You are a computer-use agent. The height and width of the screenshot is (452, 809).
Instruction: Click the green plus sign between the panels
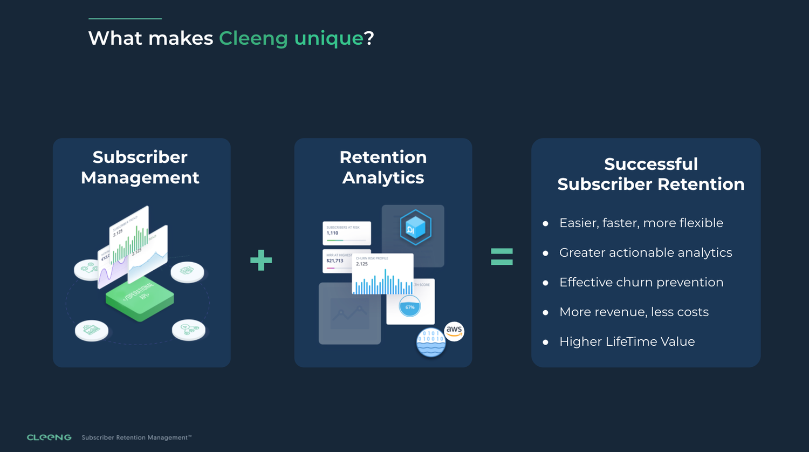[x=261, y=260]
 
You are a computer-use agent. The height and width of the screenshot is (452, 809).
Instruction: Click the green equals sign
[x=502, y=257]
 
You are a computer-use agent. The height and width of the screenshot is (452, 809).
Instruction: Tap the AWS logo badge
[x=454, y=331]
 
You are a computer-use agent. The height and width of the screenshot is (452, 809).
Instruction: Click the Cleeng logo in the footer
[x=49, y=437]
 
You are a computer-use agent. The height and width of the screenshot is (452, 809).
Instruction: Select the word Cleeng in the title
[x=253, y=38]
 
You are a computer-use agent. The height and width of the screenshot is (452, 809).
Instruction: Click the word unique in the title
[x=328, y=38]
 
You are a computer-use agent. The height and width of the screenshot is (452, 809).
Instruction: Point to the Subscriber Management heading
[x=140, y=167]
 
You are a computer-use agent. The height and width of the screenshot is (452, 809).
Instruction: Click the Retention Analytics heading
[x=383, y=167]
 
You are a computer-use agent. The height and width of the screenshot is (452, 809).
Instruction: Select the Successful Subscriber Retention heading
[x=651, y=174]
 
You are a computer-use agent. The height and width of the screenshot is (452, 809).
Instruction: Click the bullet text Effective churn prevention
[x=641, y=282]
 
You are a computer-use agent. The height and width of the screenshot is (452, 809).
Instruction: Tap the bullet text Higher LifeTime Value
[x=627, y=341]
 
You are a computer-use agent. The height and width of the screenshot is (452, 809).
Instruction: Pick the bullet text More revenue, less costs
[x=634, y=312]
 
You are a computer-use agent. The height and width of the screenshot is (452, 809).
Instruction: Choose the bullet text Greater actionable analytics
[x=646, y=252]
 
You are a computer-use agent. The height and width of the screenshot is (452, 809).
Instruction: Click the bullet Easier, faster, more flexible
[x=641, y=223]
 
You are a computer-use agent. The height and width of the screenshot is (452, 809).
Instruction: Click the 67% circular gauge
[x=410, y=307]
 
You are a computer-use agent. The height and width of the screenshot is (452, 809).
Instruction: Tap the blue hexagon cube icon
[x=415, y=227]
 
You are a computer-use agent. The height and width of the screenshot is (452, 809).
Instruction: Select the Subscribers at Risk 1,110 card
[x=347, y=233]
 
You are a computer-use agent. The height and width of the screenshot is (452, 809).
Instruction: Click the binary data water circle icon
[x=431, y=343]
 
